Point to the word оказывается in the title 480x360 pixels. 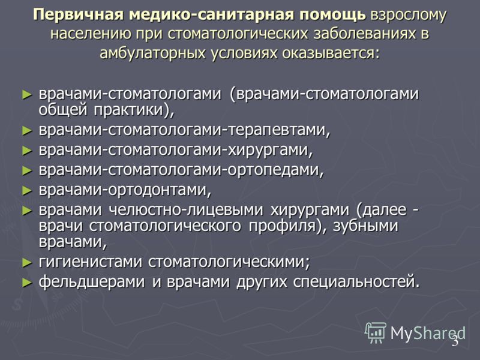coord(331,53)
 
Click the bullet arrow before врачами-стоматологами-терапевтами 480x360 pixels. coord(27,131)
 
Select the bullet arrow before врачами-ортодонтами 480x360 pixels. coord(27,191)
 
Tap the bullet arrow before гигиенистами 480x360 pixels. coord(27,263)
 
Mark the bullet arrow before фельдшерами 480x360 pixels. coord(27,283)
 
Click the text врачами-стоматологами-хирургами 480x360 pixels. coord(176,151)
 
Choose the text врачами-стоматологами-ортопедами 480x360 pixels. coord(181,170)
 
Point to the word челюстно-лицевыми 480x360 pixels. coord(186,210)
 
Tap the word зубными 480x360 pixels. coord(365,226)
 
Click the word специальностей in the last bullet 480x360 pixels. coord(356,282)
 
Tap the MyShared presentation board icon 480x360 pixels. coord(376,333)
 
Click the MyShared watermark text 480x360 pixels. coord(428,333)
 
